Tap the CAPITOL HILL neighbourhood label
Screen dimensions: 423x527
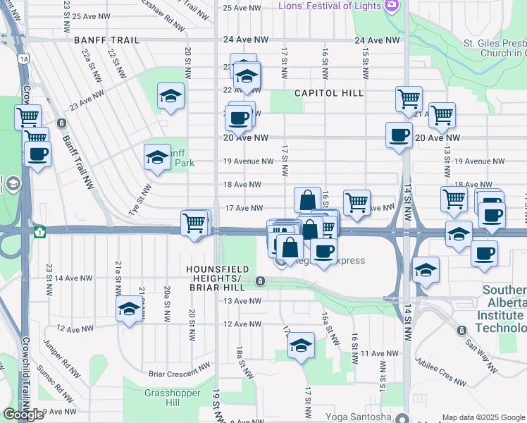(329, 93)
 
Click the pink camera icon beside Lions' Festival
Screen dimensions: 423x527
(392, 6)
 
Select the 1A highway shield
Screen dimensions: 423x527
(25, 59)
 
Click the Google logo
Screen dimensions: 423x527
(23, 415)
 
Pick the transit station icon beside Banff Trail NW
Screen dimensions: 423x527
(63, 123)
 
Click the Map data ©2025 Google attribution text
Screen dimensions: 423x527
(483, 417)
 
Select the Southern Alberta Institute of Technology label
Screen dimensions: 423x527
(503, 309)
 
